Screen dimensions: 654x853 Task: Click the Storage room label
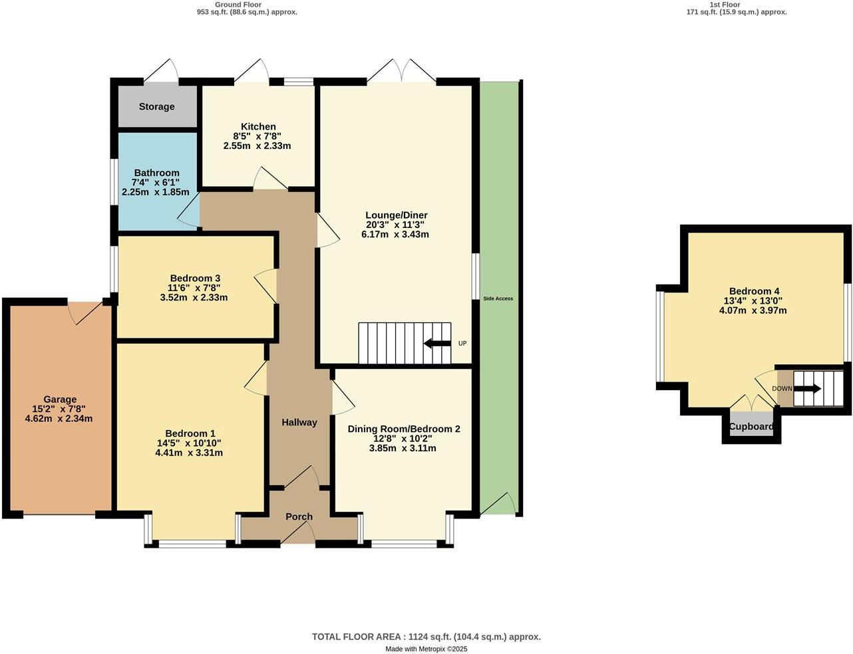point(156,106)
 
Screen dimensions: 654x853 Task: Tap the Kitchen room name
point(258,126)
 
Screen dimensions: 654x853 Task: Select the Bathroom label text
point(156,173)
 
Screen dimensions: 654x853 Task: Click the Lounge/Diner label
point(397,215)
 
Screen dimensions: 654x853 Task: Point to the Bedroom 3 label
point(195,278)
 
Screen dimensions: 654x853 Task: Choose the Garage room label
point(60,399)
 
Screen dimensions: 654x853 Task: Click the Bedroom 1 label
point(190,433)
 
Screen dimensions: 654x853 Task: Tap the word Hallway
point(299,422)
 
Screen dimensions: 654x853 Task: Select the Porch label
point(299,516)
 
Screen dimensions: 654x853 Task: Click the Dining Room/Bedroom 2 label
point(404,429)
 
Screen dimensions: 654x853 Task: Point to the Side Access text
point(498,298)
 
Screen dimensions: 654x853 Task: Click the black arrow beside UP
point(437,344)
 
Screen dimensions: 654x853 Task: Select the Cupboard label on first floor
point(751,427)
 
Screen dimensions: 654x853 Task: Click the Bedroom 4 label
point(754,291)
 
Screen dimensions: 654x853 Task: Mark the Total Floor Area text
point(426,637)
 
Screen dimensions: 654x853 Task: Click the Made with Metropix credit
point(426,649)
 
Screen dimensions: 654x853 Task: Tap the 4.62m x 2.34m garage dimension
point(59,419)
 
